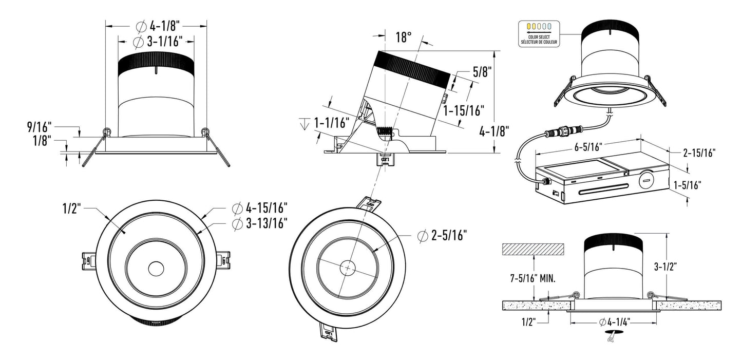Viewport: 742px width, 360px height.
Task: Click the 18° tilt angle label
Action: click(x=404, y=37)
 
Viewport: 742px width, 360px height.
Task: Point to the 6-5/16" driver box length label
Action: click(x=581, y=147)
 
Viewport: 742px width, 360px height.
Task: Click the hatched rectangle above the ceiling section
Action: click(x=532, y=250)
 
